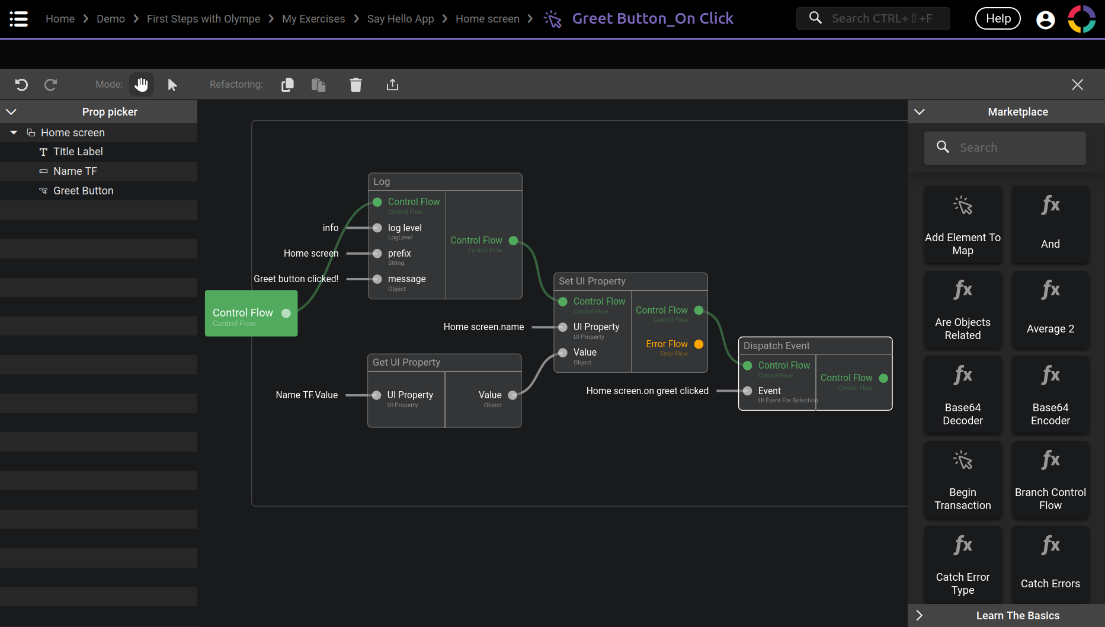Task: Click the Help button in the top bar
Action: click(x=998, y=19)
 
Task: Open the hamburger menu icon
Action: click(x=18, y=19)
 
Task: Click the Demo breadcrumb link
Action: click(x=111, y=19)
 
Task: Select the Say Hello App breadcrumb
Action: click(x=401, y=19)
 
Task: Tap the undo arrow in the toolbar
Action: click(x=21, y=85)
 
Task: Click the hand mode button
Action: click(x=142, y=85)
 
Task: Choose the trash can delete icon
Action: click(x=355, y=85)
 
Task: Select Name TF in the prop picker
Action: click(x=75, y=171)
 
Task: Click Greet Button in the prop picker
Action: click(x=84, y=191)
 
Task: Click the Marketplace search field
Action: click(x=1005, y=148)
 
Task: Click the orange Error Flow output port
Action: click(x=699, y=344)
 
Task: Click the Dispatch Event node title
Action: click(x=776, y=346)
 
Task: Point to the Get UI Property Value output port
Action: click(x=513, y=395)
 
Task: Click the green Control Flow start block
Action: click(x=251, y=313)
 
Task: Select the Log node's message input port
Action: click(x=377, y=279)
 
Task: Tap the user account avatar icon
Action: click(x=1045, y=20)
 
